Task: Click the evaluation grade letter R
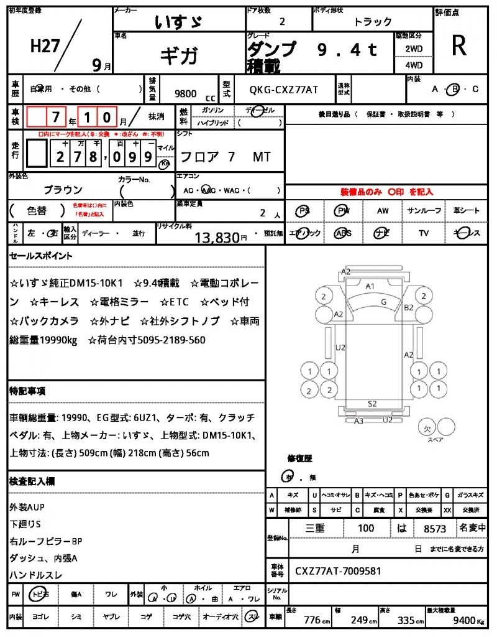click(459, 45)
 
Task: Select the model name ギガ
click(179, 55)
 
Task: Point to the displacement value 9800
click(186, 94)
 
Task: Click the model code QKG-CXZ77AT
click(283, 90)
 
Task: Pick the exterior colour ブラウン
click(63, 190)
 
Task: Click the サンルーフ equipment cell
click(424, 211)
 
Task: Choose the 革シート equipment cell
click(466, 211)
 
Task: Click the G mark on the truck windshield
click(383, 302)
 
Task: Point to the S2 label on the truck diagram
click(372, 404)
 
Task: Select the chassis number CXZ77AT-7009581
click(338, 570)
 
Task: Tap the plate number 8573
click(435, 528)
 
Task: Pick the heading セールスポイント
click(41, 256)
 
